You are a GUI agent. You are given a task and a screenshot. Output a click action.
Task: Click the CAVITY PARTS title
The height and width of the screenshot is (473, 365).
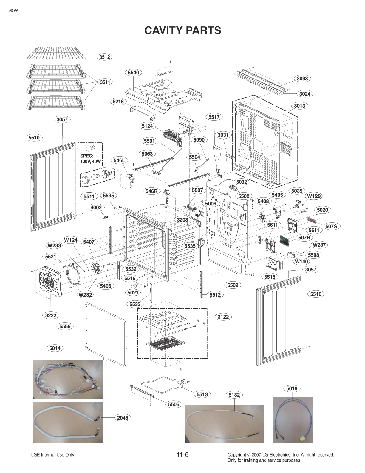(182, 30)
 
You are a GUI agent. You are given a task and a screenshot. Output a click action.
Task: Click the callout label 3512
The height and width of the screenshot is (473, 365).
(104, 57)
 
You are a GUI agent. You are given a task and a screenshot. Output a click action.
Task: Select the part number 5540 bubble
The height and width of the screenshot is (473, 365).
(133, 73)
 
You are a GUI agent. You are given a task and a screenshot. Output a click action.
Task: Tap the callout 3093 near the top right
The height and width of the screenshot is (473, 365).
(302, 79)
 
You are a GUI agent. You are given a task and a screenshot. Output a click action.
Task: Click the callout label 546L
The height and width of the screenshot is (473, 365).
(119, 160)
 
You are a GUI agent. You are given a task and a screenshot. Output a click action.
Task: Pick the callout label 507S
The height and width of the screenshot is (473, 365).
(331, 226)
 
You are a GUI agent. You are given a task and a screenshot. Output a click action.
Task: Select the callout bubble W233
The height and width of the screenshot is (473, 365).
(54, 245)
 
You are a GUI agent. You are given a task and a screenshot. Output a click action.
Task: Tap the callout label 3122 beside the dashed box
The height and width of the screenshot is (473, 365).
(223, 317)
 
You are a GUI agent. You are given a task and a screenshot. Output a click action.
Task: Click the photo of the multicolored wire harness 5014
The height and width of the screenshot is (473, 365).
(68, 379)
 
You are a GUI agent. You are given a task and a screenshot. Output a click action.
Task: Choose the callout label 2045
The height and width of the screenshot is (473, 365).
(122, 418)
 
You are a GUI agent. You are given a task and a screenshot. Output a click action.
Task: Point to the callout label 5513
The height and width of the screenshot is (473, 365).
(202, 394)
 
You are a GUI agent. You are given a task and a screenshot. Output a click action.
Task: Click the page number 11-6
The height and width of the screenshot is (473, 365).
(182, 455)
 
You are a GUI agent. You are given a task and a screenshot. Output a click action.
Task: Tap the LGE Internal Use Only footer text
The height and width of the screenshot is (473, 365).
(52, 455)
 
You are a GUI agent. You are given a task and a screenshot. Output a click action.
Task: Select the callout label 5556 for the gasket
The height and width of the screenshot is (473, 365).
(65, 326)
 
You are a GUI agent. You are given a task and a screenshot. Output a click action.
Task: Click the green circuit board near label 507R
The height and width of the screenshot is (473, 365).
(284, 241)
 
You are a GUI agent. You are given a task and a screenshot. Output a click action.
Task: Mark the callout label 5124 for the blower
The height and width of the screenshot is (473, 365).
(147, 126)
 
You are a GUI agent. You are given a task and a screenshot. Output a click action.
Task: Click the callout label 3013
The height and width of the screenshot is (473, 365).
(299, 106)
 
